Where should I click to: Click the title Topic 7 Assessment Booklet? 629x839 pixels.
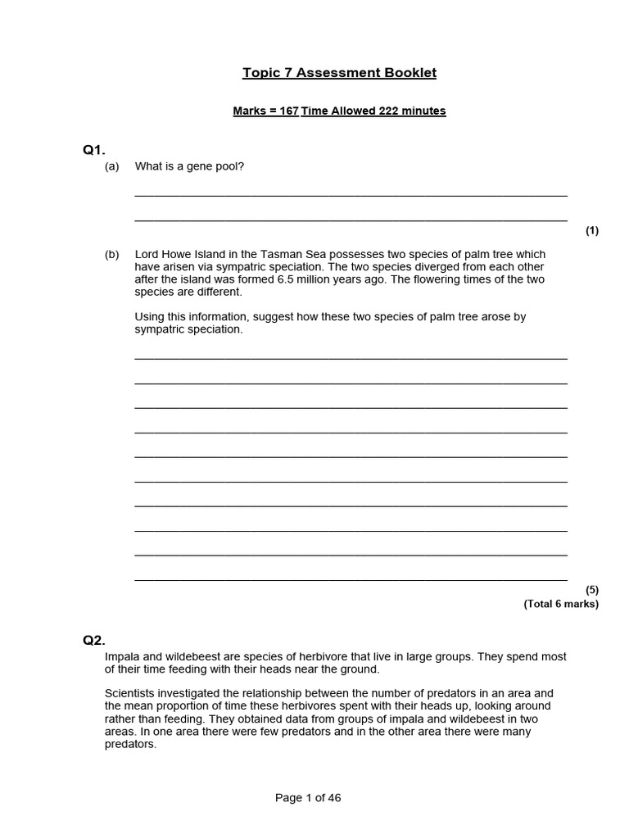tap(339, 73)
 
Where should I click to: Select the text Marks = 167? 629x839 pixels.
tap(265, 111)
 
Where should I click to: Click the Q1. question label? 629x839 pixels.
tap(94, 149)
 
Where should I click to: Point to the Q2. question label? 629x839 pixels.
tap(94, 641)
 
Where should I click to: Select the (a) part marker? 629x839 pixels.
tap(112, 167)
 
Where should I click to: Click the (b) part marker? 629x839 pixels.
tap(112, 255)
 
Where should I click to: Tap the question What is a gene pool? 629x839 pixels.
tap(190, 167)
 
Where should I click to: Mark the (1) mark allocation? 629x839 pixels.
tap(592, 231)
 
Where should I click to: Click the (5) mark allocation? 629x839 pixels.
tap(592, 590)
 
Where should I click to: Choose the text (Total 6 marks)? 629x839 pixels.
tap(561, 605)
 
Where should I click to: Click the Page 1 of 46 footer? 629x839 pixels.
tap(308, 798)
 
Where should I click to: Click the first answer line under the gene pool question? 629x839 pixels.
tap(351, 195)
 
